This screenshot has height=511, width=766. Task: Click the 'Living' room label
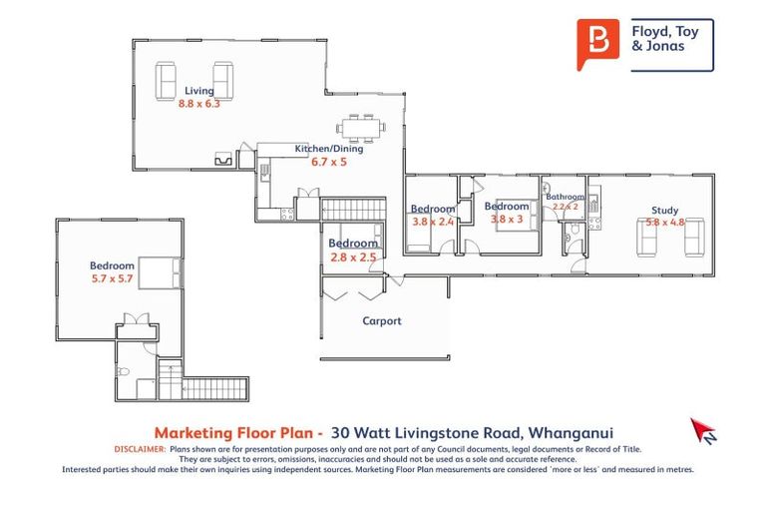198,91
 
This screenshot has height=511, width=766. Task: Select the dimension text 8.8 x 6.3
198,103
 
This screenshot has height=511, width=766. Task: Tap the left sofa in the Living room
168,80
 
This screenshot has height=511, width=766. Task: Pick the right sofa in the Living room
223,80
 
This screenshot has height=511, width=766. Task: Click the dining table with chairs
356,127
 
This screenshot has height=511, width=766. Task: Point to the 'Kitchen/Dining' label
328,149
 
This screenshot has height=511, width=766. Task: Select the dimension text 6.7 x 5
328,161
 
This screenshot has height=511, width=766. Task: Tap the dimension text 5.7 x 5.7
112,277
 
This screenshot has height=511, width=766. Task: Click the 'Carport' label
381,320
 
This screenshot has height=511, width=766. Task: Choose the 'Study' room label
664,211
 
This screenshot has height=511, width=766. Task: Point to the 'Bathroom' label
565,198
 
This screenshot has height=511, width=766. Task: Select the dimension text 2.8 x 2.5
353,256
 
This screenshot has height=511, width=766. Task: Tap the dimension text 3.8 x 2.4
432,222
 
